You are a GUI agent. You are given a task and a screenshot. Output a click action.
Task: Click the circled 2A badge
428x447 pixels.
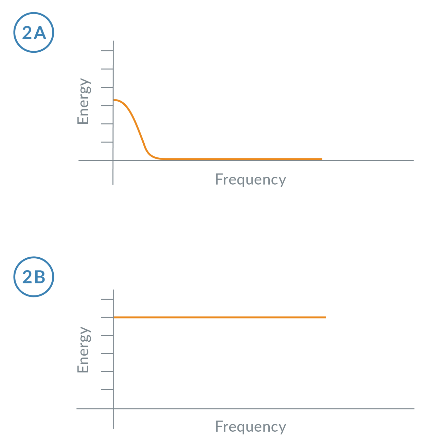[34, 33]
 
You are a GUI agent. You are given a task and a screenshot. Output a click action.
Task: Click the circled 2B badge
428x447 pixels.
[34, 277]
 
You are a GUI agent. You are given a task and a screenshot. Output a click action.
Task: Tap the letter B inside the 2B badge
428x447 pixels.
[40, 277]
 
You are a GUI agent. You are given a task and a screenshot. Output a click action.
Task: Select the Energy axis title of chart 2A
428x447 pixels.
[84, 101]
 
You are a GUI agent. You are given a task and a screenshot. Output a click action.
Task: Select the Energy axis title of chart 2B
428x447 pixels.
[84, 350]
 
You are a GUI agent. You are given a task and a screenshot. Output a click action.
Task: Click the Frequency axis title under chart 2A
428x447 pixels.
[251, 179]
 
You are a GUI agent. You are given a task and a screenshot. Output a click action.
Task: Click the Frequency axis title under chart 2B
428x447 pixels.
[251, 427]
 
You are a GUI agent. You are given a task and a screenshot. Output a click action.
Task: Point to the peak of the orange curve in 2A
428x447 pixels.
[114, 100]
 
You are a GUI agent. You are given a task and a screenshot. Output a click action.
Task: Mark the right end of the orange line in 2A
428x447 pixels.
[321, 159]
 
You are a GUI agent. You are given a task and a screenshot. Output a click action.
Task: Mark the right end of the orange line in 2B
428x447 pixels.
[325, 317]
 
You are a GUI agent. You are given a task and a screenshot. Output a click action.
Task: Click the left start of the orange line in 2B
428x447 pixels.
[114, 317]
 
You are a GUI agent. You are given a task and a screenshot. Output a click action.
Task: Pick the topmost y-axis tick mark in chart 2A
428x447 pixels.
[107, 51]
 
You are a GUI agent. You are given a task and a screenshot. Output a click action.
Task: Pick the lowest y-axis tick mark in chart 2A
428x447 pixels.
[107, 142]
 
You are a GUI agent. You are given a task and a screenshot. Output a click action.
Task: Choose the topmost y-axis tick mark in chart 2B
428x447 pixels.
[107, 299]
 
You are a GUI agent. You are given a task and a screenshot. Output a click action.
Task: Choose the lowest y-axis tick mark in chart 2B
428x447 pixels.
[107, 390]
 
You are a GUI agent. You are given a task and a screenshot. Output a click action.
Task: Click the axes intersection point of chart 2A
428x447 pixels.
[113, 160]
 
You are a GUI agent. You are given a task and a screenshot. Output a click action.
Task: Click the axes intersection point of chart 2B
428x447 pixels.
[113, 409]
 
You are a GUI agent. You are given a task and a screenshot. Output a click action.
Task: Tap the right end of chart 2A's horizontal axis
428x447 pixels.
[413, 160]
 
